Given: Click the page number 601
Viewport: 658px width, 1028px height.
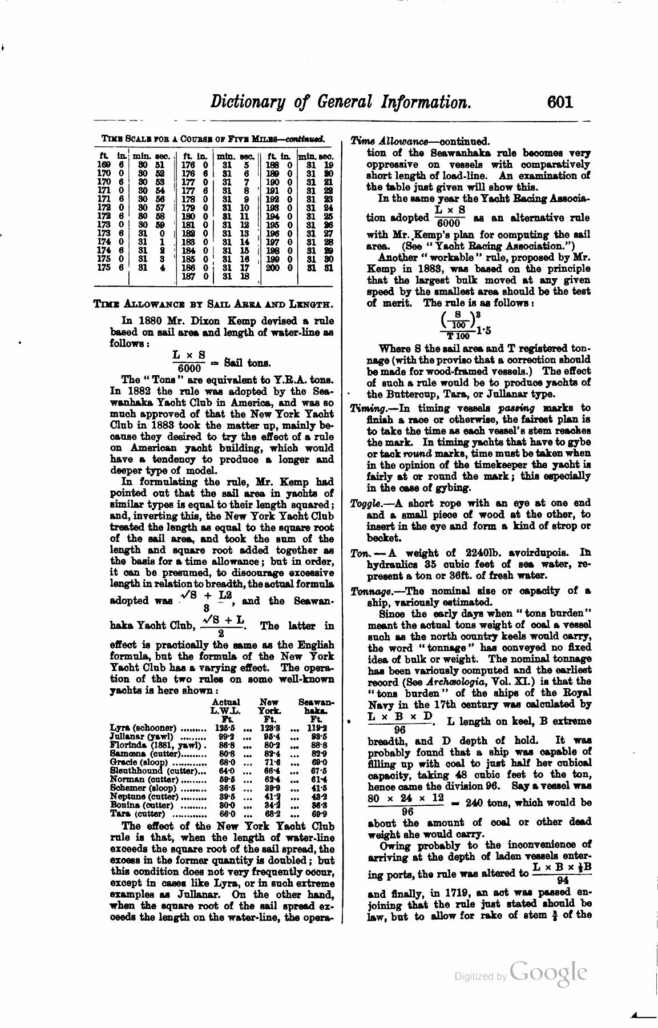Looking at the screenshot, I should pos(559,102).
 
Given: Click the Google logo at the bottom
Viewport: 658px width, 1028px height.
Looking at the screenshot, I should pos(548,971).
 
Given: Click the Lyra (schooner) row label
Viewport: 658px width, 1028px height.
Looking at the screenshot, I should pos(143,728).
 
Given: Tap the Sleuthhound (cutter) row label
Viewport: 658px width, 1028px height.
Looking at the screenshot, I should pos(145,770).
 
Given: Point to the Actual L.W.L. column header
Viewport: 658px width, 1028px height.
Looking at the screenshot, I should pos(225,706).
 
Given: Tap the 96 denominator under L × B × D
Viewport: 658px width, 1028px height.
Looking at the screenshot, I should pos(399,730).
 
